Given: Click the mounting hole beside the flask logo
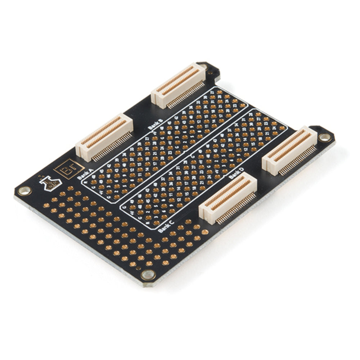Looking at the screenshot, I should coord(24,190).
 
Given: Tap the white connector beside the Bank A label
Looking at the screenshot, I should coord(104,134).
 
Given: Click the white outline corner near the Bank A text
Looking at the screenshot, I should coord(84,180).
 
